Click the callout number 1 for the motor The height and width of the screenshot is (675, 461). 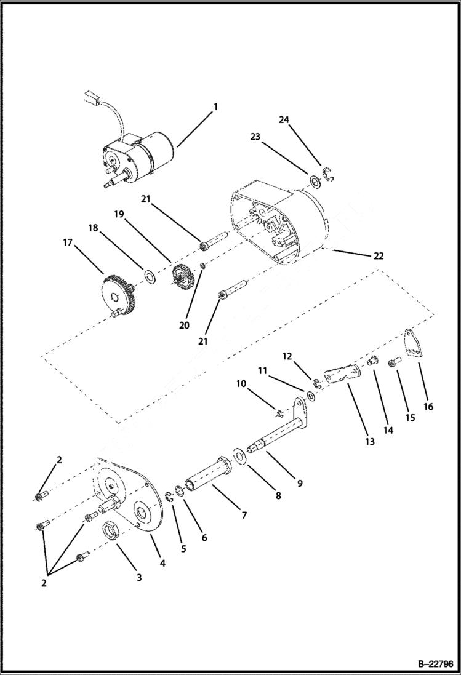pos(215,106)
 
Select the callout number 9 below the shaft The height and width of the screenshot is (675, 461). pos(300,483)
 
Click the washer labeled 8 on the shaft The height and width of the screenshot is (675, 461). pos(238,457)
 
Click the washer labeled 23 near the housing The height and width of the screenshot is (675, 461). pos(313,181)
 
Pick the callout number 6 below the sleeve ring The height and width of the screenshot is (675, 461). pos(204,537)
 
